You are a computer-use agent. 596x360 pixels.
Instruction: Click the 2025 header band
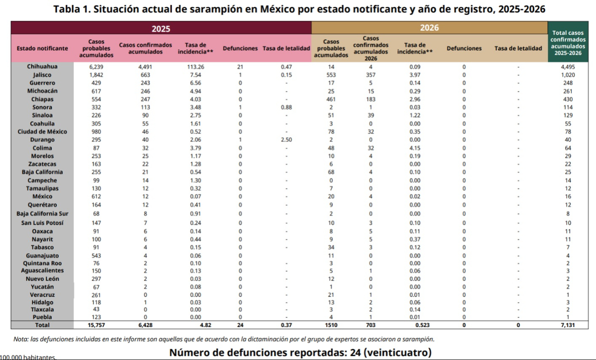[161, 28]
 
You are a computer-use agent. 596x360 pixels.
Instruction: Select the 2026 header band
[429, 28]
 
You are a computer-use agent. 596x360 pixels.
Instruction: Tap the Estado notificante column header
[42, 48]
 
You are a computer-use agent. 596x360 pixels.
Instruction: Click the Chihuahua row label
[42, 66]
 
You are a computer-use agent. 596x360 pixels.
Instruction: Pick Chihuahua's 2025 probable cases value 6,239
[96, 66]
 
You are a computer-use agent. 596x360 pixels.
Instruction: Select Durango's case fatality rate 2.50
[286, 140]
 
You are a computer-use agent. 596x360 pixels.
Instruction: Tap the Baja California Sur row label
[42, 213]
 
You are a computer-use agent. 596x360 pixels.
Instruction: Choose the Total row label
[42, 325]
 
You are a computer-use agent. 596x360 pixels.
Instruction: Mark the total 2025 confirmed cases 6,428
[145, 325]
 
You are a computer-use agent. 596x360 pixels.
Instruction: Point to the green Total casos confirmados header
[568, 43]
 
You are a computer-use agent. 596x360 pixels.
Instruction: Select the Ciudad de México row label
[42, 132]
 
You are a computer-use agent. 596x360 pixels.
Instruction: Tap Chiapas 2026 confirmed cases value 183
[371, 99]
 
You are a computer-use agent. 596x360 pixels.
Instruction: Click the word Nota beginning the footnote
[21, 339]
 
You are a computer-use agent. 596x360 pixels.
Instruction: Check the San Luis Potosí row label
[42, 223]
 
